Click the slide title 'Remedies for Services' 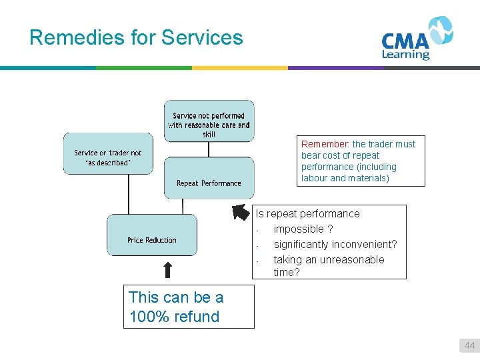pos(136,37)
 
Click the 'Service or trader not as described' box pos(107,157)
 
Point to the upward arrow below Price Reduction pos(168,269)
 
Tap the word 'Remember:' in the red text pos(325,144)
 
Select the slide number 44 pos(469,345)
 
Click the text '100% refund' pos(174,317)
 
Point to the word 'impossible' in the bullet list pos(299,229)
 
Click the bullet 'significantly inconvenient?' pos(335,245)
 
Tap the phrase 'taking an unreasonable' pos(329,260)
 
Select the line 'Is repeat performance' pos(308,214)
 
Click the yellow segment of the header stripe pos(240,67)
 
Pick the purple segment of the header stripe pos(336,67)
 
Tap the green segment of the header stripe pos(144,67)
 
